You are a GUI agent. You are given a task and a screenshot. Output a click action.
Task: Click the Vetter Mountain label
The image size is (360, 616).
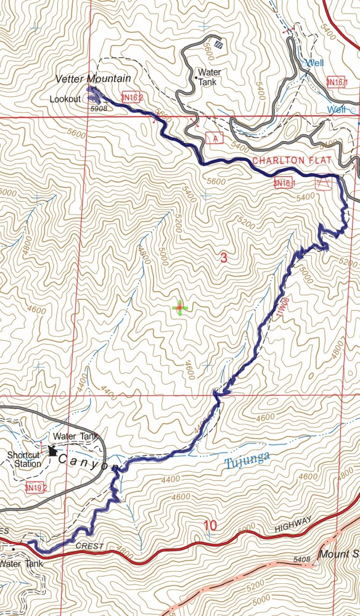93,78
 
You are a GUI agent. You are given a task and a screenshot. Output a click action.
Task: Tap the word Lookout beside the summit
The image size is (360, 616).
66,99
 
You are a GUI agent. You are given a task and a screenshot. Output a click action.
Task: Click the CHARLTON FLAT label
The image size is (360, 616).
293,161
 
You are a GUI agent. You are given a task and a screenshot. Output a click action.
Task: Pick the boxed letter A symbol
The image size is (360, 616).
213,137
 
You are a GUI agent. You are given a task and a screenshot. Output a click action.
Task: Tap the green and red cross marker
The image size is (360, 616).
179,307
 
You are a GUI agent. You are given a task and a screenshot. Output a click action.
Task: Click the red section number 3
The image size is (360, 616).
224,260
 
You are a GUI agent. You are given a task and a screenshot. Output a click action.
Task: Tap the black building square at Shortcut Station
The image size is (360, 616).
52,451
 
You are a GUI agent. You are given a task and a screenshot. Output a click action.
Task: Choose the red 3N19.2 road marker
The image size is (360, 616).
36,488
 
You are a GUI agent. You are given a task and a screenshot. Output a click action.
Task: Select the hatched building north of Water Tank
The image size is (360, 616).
220,44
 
